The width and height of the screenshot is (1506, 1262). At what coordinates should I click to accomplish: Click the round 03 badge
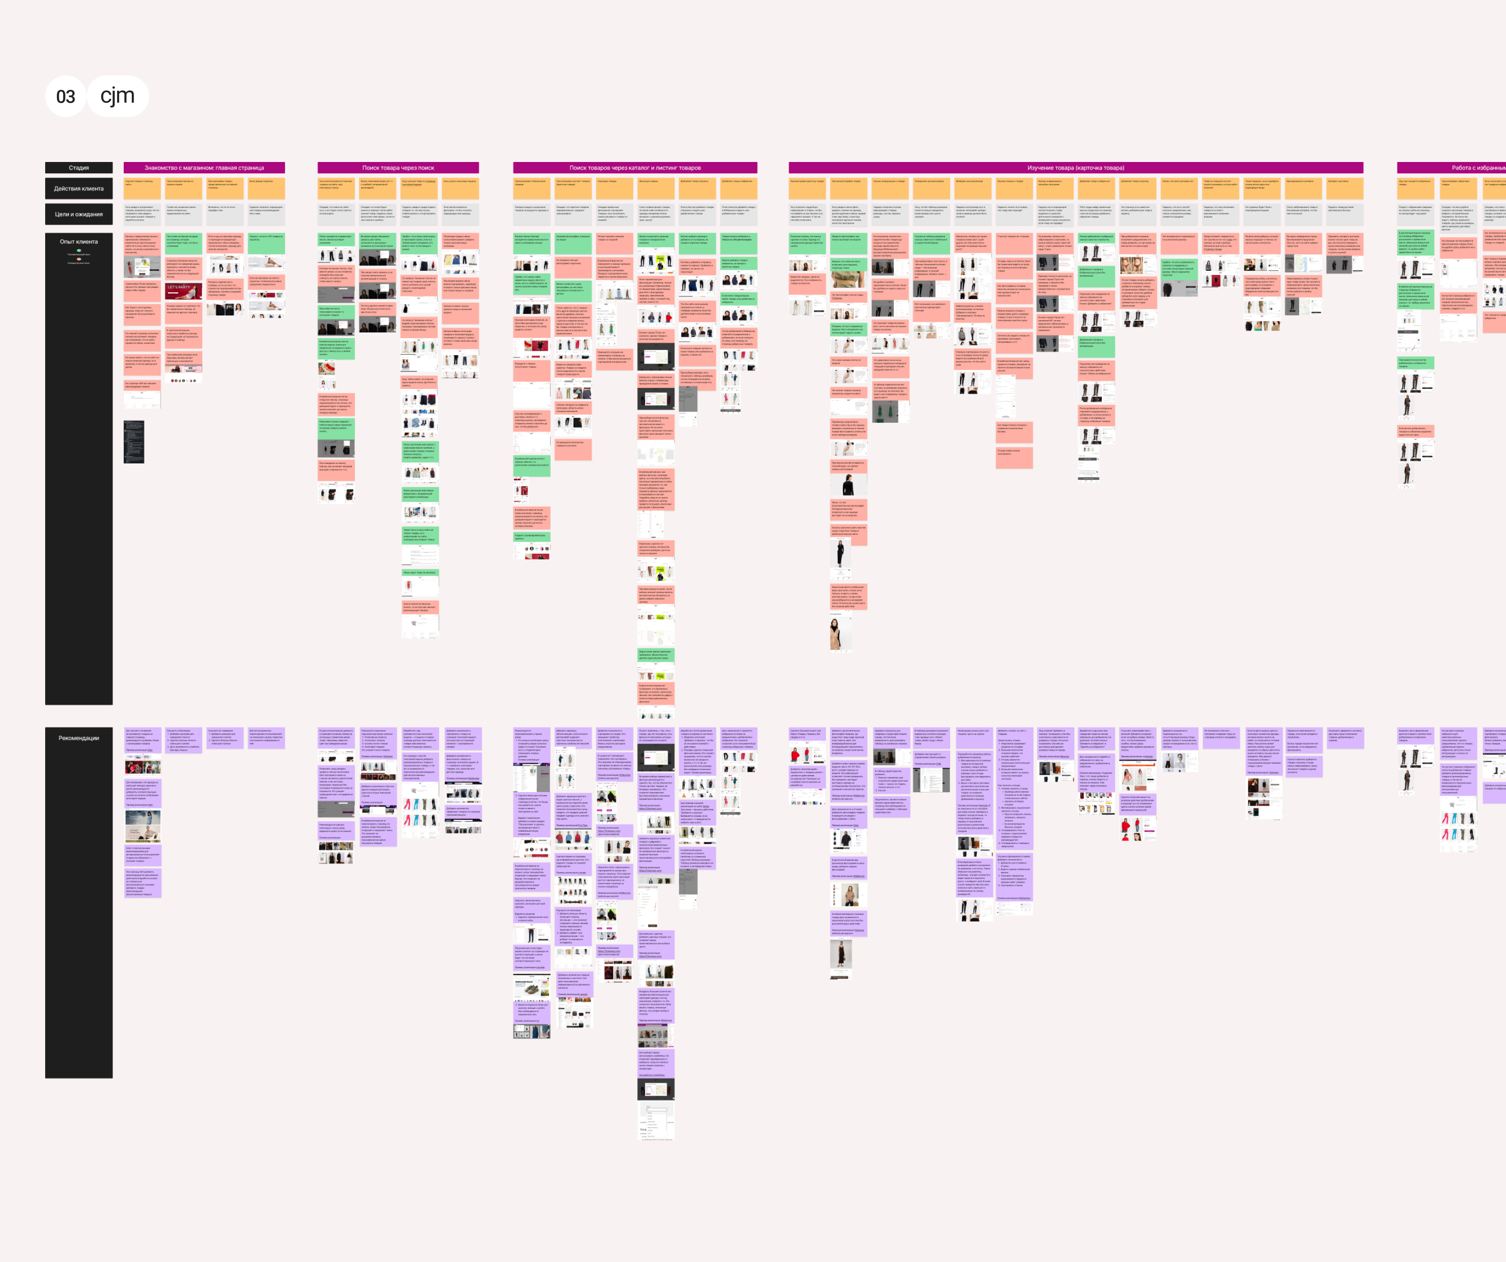(x=65, y=96)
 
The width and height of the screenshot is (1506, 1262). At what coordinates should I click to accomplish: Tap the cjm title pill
(x=118, y=96)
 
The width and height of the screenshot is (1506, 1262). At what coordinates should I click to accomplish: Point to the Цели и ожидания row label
(x=79, y=214)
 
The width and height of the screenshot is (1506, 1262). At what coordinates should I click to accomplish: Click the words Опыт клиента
(x=79, y=242)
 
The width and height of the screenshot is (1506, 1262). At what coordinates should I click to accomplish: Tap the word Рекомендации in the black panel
(x=79, y=737)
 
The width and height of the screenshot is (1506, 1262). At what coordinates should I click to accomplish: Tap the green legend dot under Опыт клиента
(x=79, y=251)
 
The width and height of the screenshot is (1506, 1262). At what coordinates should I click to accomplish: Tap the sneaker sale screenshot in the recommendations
(x=531, y=990)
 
